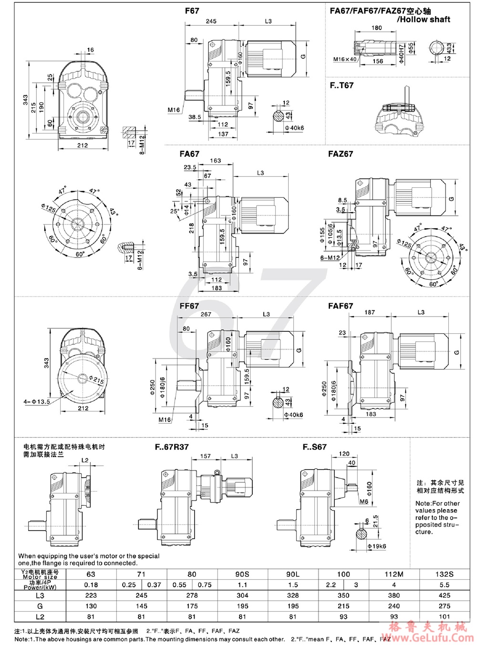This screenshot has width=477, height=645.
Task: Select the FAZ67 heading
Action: pyautogui.click(x=340, y=154)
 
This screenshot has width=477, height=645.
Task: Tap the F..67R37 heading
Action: pyautogui.click(x=171, y=447)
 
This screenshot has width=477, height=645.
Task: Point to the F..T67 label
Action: pyautogui.click(x=342, y=85)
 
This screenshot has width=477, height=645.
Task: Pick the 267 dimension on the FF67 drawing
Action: pyautogui.click(x=206, y=314)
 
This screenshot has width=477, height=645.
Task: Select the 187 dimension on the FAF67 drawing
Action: pyautogui.click(x=369, y=312)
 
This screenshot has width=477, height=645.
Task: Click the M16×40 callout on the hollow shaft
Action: pyautogui.click(x=344, y=60)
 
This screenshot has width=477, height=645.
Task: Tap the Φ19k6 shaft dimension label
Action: pyautogui.click(x=376, y=546)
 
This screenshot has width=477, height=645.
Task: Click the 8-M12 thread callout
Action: pyautogui.click(x=142, y=145)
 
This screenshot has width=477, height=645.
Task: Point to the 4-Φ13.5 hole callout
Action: pyautogui.click(x=37, y=402)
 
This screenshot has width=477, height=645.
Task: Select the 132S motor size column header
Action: pyautogui.click(x=445, y=574)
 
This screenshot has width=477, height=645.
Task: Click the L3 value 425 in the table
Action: pyautogui.click(x=445, y=595)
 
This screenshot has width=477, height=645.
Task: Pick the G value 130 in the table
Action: pyautogui.click(x=91, y=606)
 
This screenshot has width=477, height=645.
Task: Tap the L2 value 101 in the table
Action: pyautogui.click(x=445, y=616)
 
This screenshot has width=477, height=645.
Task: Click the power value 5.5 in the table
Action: pyautogui.click(x=445, y=585)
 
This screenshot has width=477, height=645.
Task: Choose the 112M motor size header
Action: pyautogui.click(x=394, y=574)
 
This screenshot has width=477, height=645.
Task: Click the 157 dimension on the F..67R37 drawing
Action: pyautogui.click(x=205, y=456)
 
